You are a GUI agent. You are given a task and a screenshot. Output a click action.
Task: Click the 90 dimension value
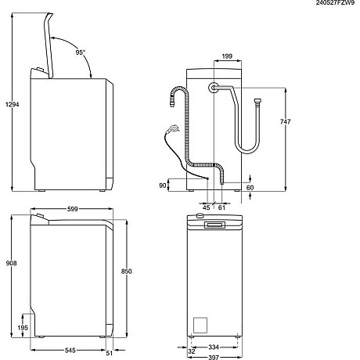point(163,185)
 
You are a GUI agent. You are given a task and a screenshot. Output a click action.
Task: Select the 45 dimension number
point(207,208)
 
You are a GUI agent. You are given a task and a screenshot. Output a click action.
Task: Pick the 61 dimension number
point(221,208)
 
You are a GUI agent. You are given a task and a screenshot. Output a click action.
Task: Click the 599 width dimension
point(71,210)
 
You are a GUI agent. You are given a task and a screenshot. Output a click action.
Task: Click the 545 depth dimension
point(70,351)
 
